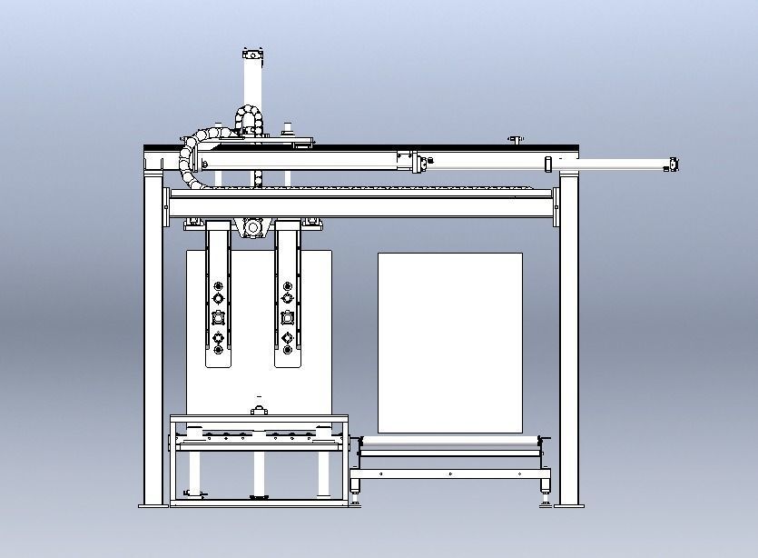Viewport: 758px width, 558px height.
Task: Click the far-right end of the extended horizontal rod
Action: tap(673, 164)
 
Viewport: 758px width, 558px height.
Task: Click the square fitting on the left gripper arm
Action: tap(218, 318)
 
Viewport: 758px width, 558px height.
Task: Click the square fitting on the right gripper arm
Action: tap(288, 318)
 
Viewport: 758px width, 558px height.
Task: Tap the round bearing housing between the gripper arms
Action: tap(253, 226)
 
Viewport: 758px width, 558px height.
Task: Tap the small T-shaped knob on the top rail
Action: tap(515, 139)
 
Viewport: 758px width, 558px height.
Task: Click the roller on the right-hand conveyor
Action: tap(449, 443)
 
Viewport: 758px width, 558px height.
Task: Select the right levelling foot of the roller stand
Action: tap(545, 497)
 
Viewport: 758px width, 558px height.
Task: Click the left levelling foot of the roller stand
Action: tap(354, 497)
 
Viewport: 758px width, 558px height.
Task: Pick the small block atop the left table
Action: tap(259, 411)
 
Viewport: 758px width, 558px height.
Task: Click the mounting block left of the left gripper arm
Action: tap(193, 222)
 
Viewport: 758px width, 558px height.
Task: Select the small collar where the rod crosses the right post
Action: tap(549, 164)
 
